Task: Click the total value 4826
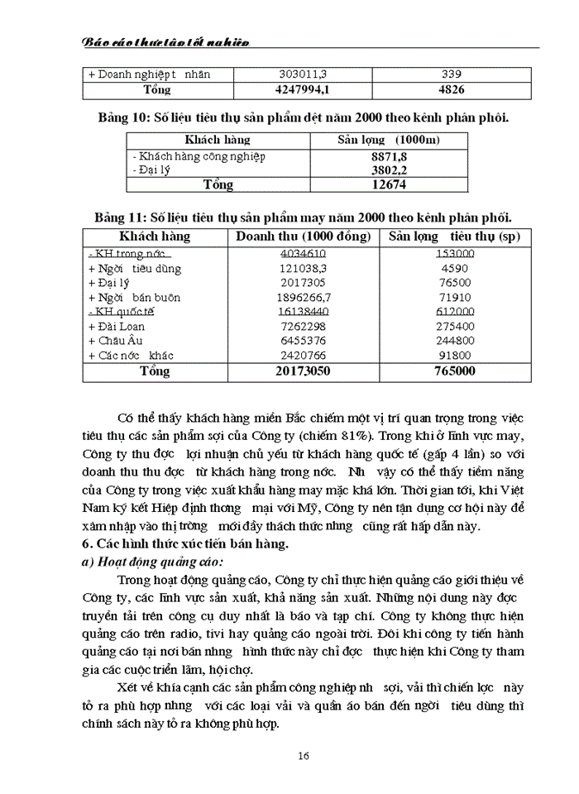coord(451,89)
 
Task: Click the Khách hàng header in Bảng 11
coord(155,237)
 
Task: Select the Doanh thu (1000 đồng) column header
coord(303,237)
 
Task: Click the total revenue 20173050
coord(303,371)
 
